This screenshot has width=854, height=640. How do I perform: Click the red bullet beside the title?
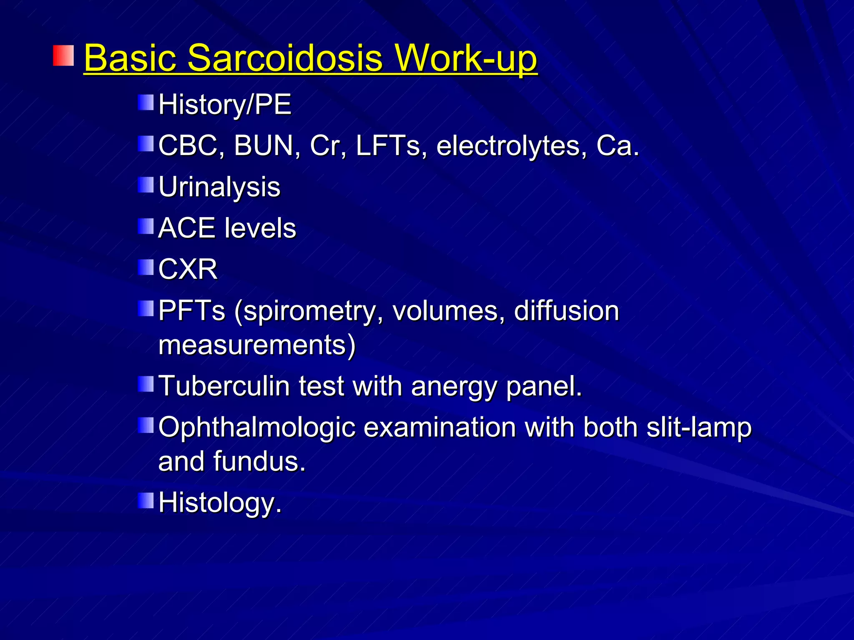point(63,56)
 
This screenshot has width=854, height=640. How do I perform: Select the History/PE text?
point(225,104)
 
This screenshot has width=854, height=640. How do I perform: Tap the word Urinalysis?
point(219,187)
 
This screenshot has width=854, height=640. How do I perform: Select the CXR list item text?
point(188,269)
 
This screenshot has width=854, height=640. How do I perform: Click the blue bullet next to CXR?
point(146,267)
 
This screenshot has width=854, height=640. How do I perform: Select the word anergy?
point(454,386)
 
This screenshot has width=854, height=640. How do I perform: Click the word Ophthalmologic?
point(257,427)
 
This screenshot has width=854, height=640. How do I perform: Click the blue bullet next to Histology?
point(146,500)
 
